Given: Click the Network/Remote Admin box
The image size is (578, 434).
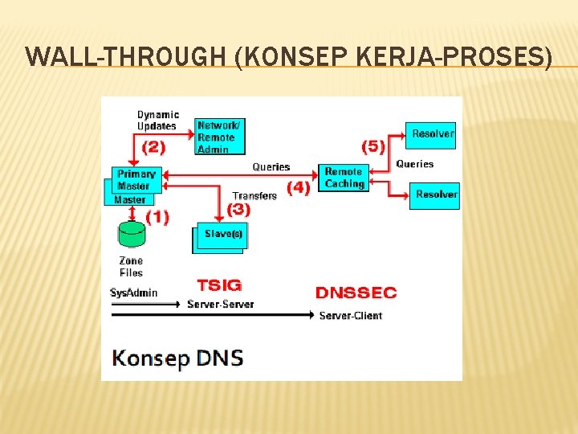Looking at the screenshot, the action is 219,137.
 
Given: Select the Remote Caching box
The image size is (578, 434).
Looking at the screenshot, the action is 344,178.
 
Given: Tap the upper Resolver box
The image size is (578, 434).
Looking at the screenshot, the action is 433,134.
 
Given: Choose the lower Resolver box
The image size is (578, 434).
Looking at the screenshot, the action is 435,195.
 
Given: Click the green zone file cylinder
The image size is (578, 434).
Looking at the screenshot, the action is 132,234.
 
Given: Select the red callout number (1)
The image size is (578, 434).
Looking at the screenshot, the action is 157,217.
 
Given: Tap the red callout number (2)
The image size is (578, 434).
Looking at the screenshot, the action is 153,147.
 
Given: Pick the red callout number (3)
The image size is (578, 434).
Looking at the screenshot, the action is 238,209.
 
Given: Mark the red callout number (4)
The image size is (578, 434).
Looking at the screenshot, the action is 299,187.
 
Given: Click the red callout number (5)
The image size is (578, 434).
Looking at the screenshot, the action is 372,146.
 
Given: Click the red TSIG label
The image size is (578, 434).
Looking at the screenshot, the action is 219,285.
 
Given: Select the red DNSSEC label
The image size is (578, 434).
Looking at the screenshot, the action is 356,293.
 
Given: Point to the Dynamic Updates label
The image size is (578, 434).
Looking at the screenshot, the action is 157,121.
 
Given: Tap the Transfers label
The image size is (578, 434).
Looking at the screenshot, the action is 254,195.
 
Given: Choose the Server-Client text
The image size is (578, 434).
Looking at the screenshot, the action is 351,316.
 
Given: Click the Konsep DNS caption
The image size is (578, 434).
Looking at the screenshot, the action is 177,357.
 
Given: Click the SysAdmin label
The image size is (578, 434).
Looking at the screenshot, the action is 134,293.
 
